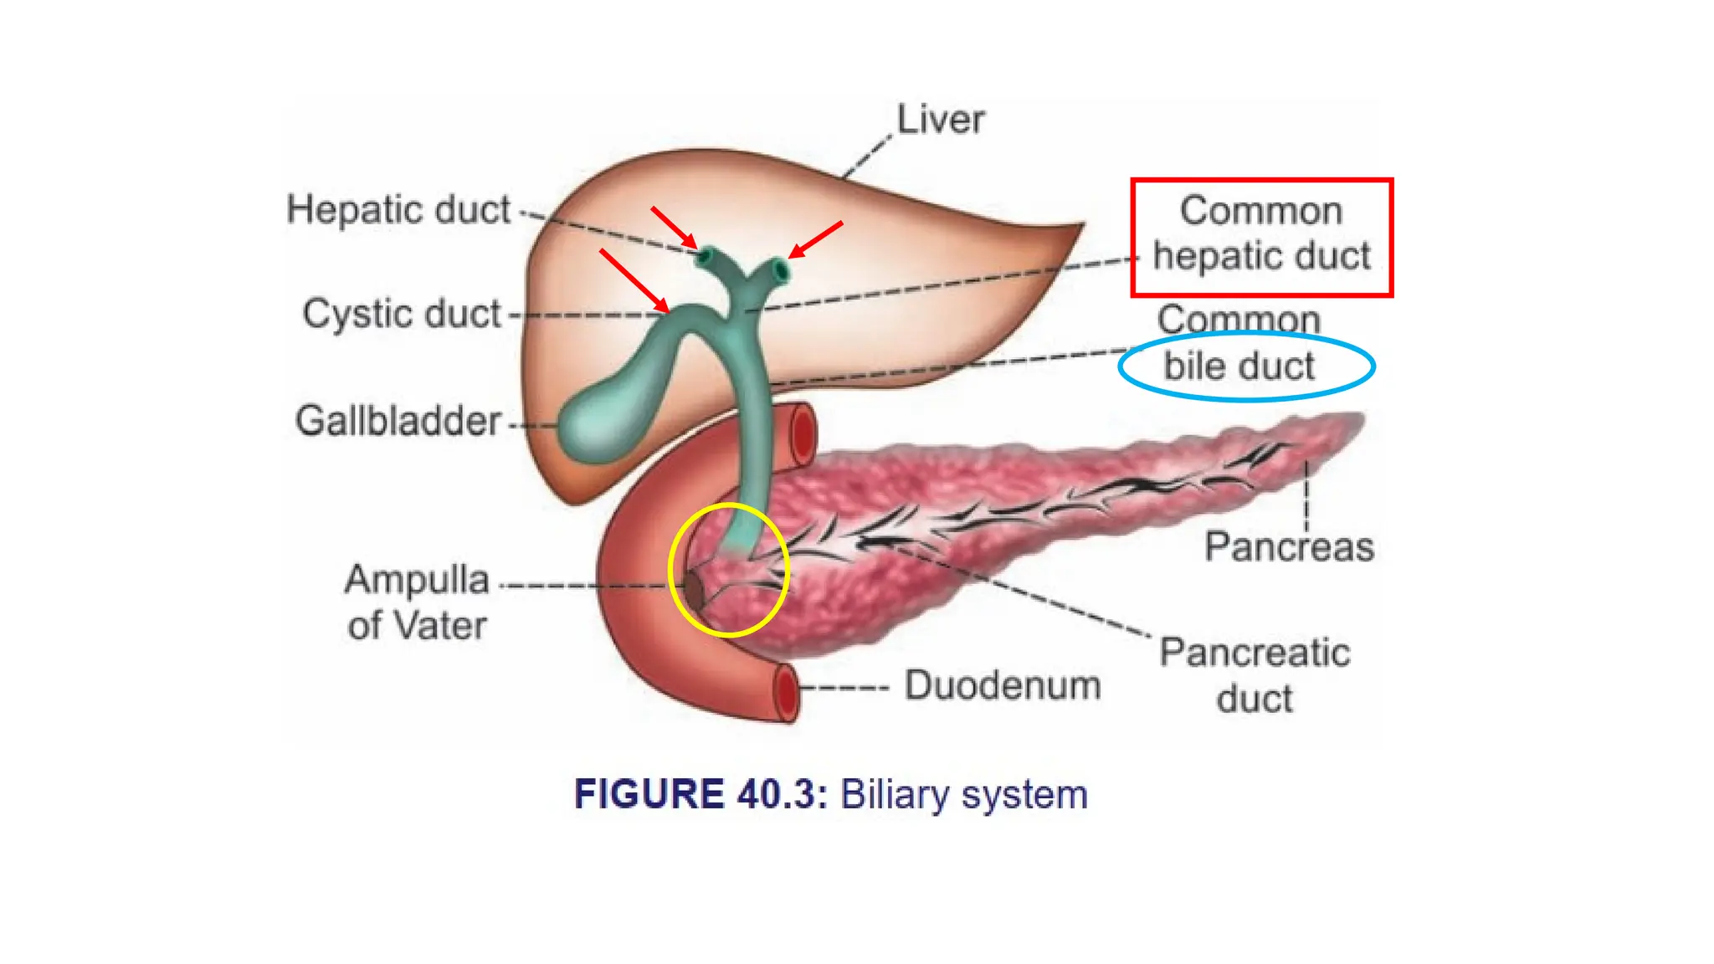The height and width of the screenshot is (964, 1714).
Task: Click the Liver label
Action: [940, 120]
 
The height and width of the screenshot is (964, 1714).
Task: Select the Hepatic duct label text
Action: [398, 209]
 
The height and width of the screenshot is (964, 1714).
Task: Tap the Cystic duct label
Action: [402, 315]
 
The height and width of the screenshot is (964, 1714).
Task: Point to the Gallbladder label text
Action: [398, 420]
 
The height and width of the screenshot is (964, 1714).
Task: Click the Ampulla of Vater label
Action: [417, 602]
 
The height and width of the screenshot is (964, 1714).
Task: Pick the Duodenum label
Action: [1003, 685]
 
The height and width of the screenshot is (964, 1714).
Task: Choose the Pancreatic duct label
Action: [1255, 675]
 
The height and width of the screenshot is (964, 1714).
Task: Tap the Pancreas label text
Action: [1289, 547]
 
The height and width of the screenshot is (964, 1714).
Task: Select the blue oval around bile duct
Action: [1247, 367]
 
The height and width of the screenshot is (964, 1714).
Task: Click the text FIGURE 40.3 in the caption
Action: [700, 794]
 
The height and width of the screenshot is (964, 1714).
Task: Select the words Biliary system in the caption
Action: [964, 794]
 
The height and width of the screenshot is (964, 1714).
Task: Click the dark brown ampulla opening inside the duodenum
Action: [694, 588]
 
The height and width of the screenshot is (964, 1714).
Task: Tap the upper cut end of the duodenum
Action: [802, 433]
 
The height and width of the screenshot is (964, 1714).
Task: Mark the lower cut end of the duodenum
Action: [786, 693]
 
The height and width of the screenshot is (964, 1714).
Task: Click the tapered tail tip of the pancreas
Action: [1352, 423]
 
